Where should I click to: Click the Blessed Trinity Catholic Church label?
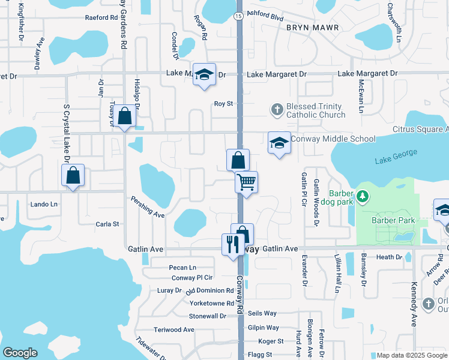pyautogui.click(x=315, y=110)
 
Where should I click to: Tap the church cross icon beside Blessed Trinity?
pyautogui.click(x=277, y=109)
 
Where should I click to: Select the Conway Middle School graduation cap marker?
pyautogui.click(x=279, y=143)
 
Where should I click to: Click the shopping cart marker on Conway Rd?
pyautogui.click(x=246, y=182)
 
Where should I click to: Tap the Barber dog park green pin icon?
pyautogui.click(x=362, y=196)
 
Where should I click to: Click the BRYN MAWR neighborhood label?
pyautogui.click(x=313, y=28)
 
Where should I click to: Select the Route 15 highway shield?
pyautogui.click(x=239, y=16)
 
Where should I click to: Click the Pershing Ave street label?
pyautogui.click(x=148, y=206)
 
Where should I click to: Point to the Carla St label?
pyautogui.click(x=108, y=224)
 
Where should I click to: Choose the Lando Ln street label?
pyautogui.click(x=44, y=204)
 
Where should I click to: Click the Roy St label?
pyautogui.click(x=224, y=103)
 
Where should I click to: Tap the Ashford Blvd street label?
pyautogui.click(x=265, y=18)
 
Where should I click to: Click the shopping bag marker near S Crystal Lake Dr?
pyautogui.click(x=73, y=176)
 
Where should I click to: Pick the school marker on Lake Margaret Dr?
pyautogui.click(x=205, y=74)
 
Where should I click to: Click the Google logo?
pyautogui.click(x=20, y=353)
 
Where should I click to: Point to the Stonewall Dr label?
pyautogui.click(x=207, y=316)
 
